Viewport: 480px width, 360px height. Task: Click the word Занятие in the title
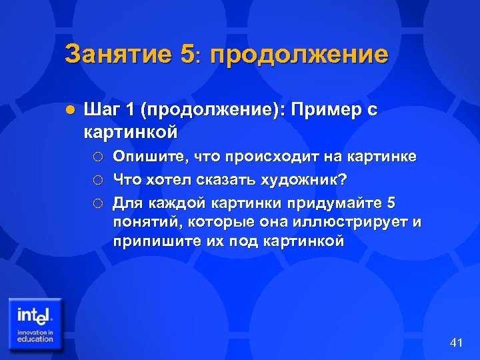(118, 54)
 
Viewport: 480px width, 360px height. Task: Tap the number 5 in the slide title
(186, 54)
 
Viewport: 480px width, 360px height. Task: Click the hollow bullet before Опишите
(98, 157)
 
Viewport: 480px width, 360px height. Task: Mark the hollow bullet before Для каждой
(98, 201)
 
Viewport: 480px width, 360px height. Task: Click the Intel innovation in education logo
(35, 324)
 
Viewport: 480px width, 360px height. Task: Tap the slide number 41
(456, 343)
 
